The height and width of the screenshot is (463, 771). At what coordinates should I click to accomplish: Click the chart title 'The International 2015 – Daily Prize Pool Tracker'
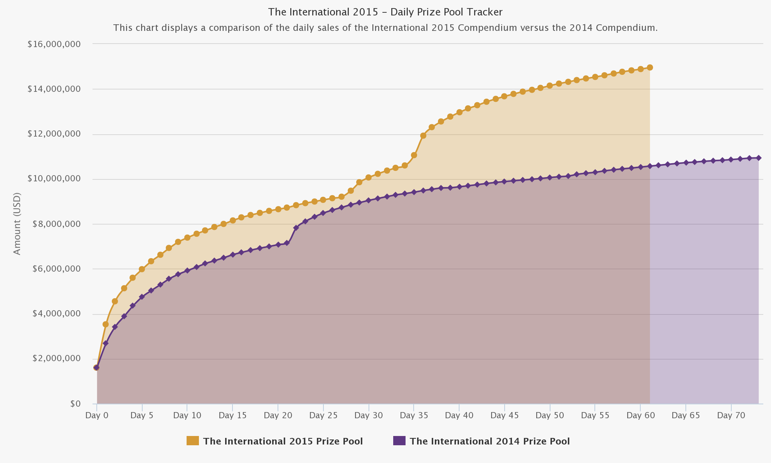385,12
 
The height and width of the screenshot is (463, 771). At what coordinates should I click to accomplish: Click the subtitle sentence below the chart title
385,28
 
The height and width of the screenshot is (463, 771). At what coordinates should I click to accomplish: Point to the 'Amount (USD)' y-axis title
17,223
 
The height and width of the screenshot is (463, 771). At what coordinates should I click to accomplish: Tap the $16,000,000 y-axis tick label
54,44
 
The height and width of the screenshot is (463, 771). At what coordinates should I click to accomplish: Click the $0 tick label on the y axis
75,404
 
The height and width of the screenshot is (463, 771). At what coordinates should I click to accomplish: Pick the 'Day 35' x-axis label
414,416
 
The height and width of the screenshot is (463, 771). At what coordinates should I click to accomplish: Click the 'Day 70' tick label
731,416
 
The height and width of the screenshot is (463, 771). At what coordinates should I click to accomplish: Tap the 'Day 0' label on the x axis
97,416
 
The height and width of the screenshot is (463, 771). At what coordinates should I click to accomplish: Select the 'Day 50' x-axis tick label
550,416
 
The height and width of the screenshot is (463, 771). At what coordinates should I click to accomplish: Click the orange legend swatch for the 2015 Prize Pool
193,441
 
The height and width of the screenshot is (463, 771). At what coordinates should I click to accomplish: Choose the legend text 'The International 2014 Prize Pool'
490,441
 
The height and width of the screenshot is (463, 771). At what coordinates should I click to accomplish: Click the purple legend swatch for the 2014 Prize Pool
399,441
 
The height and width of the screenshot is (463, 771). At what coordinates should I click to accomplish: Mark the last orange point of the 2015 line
650,68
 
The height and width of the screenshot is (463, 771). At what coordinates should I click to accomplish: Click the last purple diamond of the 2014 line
759,158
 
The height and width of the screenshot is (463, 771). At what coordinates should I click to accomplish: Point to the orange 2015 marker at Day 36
423,135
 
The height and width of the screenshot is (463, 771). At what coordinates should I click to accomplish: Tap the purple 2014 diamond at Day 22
296,228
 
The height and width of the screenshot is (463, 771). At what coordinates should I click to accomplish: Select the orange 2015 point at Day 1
106,324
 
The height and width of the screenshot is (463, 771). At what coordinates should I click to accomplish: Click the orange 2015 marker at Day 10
187,238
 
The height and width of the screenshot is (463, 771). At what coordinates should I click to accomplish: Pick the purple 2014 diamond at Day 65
686,163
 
